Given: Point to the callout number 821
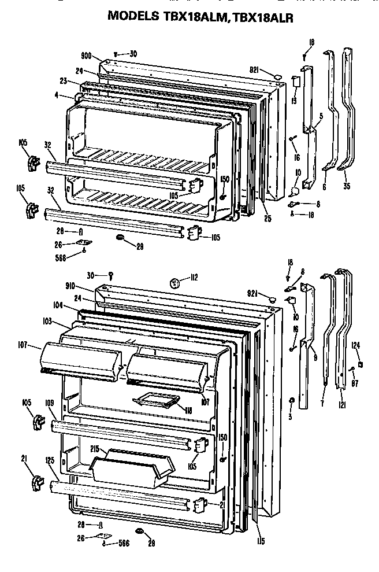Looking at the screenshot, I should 254,69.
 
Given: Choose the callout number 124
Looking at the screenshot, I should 356,346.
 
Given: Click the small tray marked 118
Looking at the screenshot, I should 152,399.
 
